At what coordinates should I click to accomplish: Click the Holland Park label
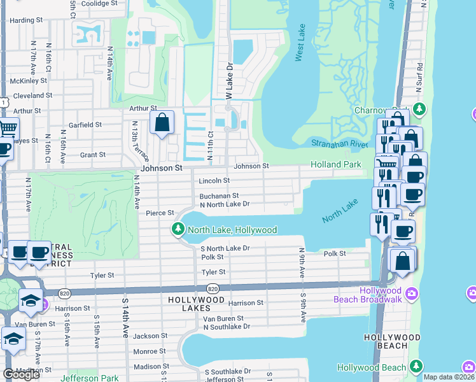coord(335,165)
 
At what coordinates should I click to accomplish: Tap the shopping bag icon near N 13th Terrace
coord(162,122)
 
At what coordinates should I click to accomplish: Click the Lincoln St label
coord(214,181)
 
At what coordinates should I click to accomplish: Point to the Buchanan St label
coord(218,196)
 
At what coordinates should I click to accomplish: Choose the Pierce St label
coord(160,213)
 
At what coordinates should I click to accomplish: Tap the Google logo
coord(21,374)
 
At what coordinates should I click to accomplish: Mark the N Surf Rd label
coord(419,74)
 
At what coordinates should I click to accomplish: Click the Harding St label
coord(26,20)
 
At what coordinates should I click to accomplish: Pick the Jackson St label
coord(150,336)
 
